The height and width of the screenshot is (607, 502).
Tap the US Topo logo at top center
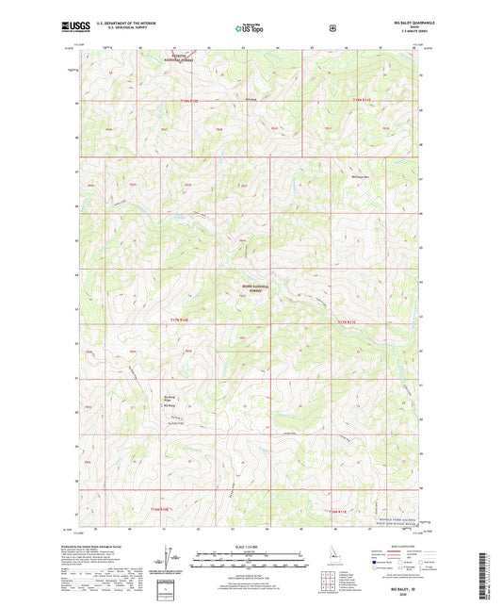pyautogui.click(x=250, y=29)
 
